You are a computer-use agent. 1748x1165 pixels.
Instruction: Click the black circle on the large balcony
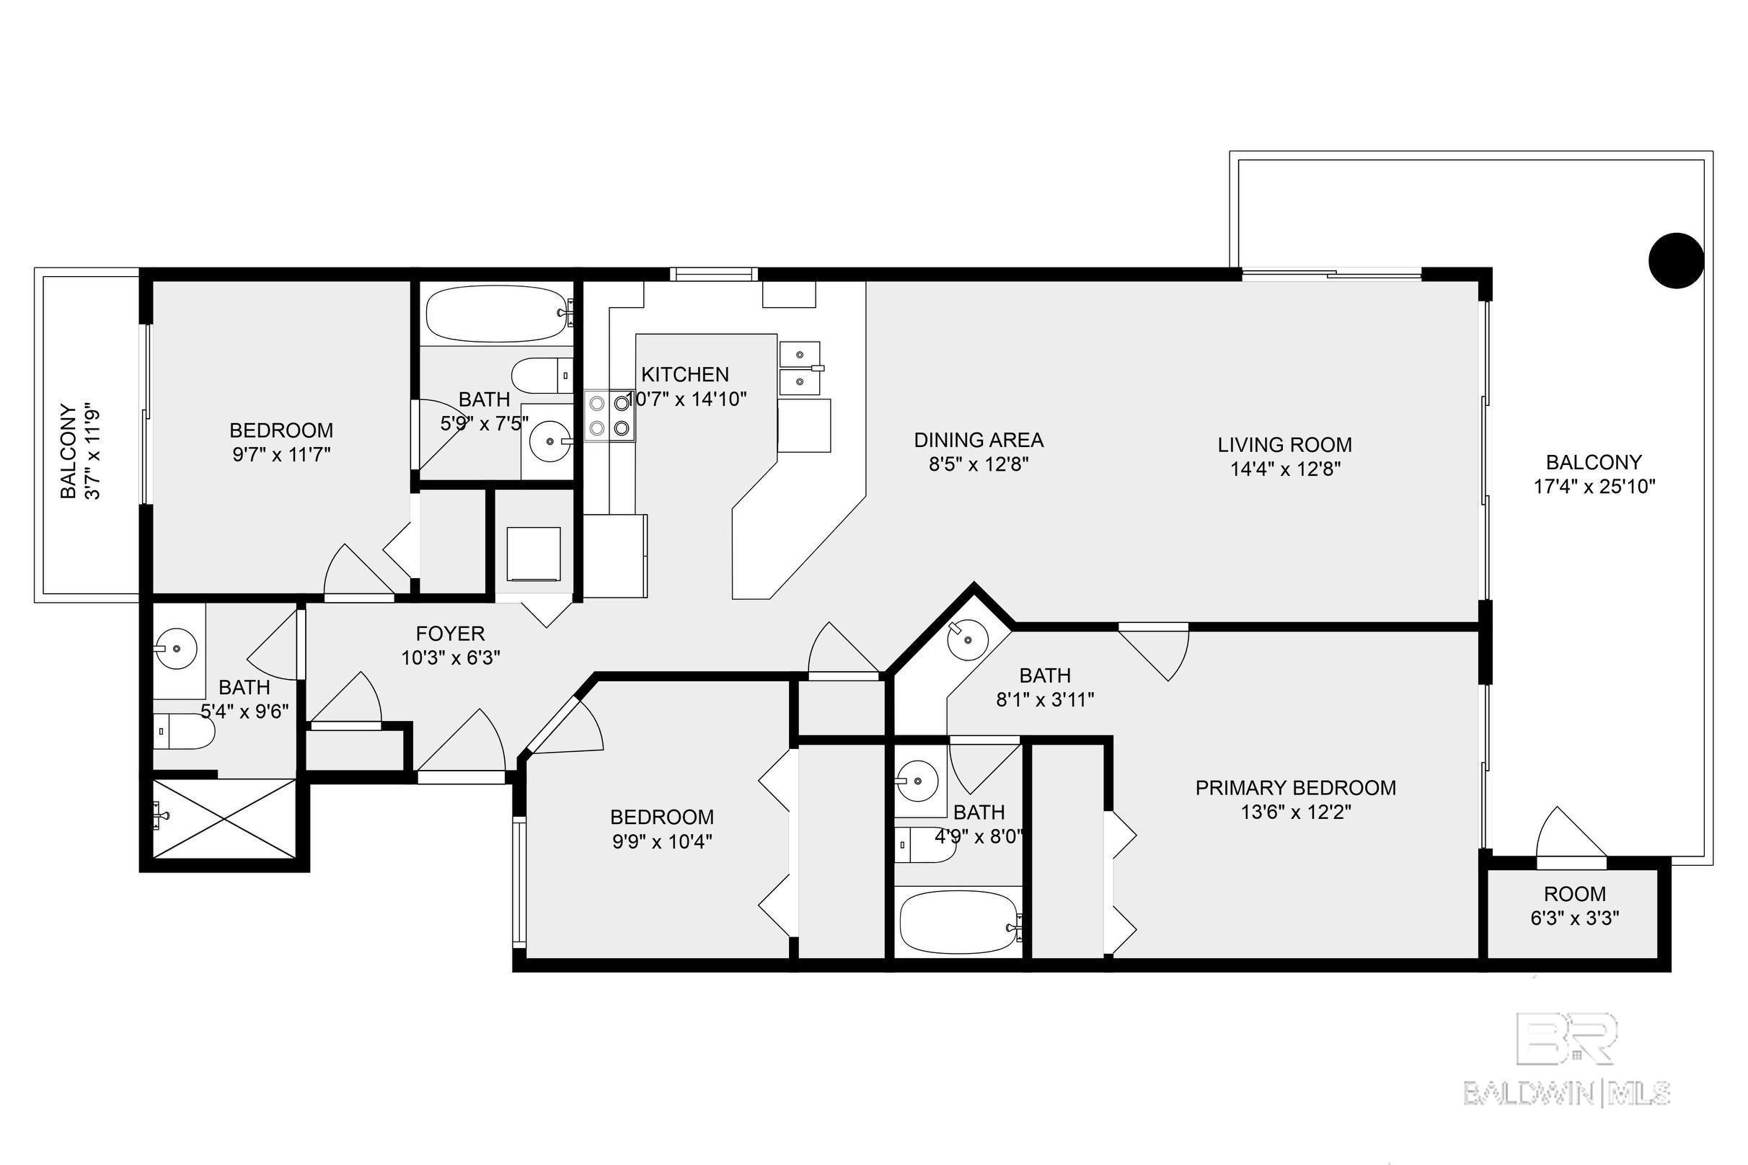click(x=1676, y=261)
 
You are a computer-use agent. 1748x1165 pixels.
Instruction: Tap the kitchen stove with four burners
click(x=609, y=416)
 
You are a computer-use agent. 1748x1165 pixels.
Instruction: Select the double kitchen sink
click(x=800, y=368)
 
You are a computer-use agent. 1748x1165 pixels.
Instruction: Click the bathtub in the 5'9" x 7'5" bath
click(x=499, y=314)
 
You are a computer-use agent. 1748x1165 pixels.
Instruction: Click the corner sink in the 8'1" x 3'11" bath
click(x=968, y=637)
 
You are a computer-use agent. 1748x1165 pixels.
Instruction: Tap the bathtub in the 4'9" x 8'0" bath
click(x=958, y=922)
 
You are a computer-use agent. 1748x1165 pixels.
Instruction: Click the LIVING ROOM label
click(x=1284, y=444)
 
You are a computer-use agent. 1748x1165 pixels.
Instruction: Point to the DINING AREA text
click(x=978, y=440)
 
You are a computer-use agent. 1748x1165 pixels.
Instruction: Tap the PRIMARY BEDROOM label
click(x=1295, y=787)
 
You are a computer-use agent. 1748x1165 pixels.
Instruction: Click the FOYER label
click(x=451, y=633)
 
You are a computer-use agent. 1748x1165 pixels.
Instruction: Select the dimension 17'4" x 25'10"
click(x=1594, y=487)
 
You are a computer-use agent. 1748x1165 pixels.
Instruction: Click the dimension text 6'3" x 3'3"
click(x=1575, y=918)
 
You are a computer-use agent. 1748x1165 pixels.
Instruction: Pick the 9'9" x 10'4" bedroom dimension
click(x=662, y=842)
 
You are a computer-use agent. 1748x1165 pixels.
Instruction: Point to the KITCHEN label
click(x=685, y=374)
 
